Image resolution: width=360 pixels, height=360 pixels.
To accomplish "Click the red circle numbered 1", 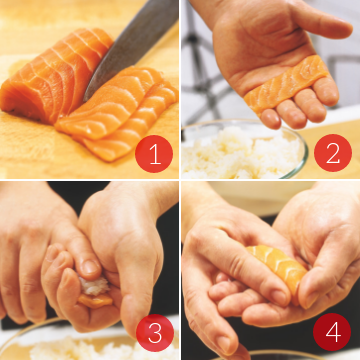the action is tap(154, 154).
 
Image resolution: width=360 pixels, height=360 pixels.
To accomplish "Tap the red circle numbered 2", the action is tap(333, 153).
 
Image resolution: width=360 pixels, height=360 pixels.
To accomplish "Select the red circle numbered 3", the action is tap(155, 333).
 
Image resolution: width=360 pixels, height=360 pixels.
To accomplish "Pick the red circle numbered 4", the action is tap(332, 332).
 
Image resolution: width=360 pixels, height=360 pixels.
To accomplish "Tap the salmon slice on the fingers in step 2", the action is tap(287, 85).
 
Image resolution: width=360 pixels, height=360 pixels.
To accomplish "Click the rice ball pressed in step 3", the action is tap(94, 286).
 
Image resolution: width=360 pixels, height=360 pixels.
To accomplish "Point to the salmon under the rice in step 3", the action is tap(95, 300).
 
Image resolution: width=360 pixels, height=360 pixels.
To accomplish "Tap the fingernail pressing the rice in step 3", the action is tap(91, 267).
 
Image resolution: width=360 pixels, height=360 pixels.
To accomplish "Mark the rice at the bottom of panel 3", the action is tap(100, 348).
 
